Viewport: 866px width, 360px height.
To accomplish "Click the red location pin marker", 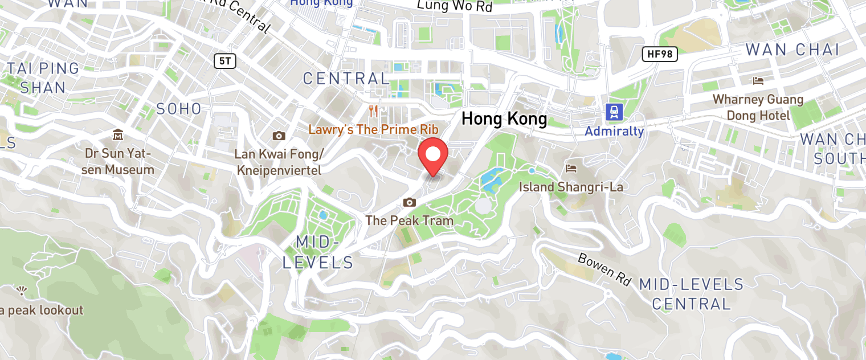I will click(433, 156).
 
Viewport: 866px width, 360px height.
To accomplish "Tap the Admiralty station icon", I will click(614, 112).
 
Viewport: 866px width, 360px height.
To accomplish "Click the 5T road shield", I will click(225, 61).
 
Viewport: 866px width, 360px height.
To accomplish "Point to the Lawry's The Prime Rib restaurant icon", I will click(374, 110).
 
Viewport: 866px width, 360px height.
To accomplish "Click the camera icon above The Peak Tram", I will click(409, 202).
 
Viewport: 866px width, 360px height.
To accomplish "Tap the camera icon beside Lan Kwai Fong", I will click(279, 136).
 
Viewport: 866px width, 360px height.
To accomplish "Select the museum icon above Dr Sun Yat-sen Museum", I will click(118, 135).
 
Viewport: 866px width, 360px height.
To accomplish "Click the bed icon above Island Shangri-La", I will click(570, 168).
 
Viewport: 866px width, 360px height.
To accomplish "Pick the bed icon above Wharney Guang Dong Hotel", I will click(758, 81).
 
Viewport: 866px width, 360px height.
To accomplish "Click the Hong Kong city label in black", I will click(504, 119).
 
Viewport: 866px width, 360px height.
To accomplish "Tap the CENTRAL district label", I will click(346, 79).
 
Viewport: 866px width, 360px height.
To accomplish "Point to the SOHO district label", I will click(179, 109).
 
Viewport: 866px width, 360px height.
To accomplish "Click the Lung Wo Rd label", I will click(454, 6).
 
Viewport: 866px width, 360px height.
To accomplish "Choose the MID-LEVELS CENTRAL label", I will click(691, 294).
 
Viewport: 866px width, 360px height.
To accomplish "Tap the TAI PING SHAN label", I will click(43, 78).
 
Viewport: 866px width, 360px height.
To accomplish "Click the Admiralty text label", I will click(614, 132).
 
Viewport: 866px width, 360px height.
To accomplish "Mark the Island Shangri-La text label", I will click(571, 187).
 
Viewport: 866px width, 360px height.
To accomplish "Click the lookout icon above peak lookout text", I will click(22, 291).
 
